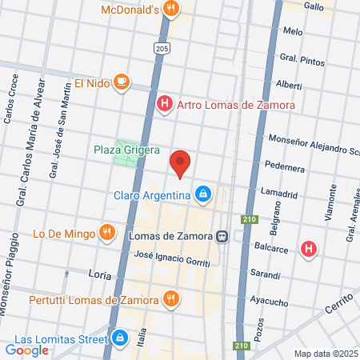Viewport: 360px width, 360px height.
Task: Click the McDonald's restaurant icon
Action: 170,10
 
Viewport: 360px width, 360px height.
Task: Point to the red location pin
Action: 181,163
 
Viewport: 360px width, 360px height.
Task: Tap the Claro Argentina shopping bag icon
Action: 204,194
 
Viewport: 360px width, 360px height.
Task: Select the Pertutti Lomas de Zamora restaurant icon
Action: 170,299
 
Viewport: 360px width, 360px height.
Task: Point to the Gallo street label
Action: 314,6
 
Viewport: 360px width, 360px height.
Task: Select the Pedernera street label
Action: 286,169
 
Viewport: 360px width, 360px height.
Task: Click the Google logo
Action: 27,349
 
